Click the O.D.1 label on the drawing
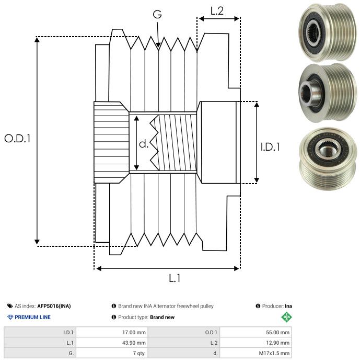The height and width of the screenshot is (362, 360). (18, 139)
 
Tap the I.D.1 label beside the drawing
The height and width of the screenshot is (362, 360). (270, 147)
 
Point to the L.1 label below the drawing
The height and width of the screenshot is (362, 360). (174, 279)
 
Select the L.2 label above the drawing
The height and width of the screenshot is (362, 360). (217, 10)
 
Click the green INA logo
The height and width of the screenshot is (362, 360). (286, 317)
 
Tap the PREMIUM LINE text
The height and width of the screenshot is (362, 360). (32, 317)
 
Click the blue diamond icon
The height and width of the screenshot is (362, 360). (10, 317)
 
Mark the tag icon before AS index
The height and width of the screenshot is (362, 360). (10, 306)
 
